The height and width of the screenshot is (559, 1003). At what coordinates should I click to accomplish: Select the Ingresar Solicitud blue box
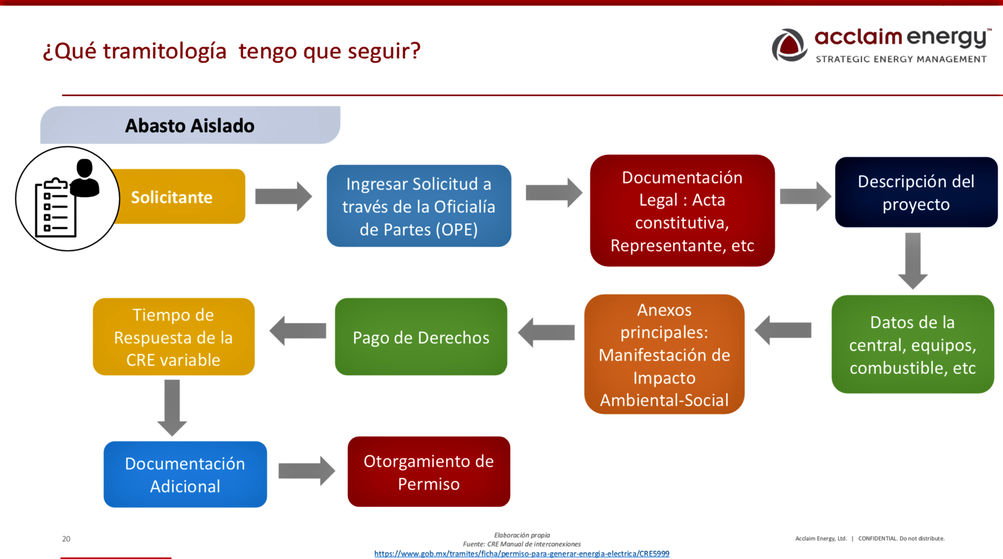419,206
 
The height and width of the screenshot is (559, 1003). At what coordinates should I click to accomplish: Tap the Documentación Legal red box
682,210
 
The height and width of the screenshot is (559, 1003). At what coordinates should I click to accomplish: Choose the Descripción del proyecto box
916,192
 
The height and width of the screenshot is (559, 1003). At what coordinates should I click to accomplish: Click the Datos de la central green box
912,344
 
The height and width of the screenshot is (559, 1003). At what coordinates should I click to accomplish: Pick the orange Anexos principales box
664,354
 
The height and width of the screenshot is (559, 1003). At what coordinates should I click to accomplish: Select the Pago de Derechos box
421,336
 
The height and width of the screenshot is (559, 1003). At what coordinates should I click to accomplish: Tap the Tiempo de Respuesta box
173,336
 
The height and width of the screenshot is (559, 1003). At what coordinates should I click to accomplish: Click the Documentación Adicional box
185,474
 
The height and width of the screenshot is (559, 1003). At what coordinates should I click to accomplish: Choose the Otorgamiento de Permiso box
429,472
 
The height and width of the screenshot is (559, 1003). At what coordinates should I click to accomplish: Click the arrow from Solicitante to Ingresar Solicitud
283,196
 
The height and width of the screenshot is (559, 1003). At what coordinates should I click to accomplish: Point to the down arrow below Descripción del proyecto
913,261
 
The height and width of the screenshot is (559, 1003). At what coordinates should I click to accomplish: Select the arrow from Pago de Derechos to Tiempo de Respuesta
298,331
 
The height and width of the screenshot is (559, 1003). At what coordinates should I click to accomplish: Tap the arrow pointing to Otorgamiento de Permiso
307,471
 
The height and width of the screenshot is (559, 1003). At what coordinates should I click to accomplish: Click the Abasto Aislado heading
189,125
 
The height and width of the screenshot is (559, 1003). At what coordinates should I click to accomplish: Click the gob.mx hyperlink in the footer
522,554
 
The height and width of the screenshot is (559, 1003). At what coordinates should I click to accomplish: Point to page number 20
66,539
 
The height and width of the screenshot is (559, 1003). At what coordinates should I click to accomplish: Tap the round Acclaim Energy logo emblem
789,45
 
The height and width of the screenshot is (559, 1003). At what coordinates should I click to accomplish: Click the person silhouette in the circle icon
85,178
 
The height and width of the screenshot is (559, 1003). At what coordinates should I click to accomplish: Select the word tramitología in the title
165,51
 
